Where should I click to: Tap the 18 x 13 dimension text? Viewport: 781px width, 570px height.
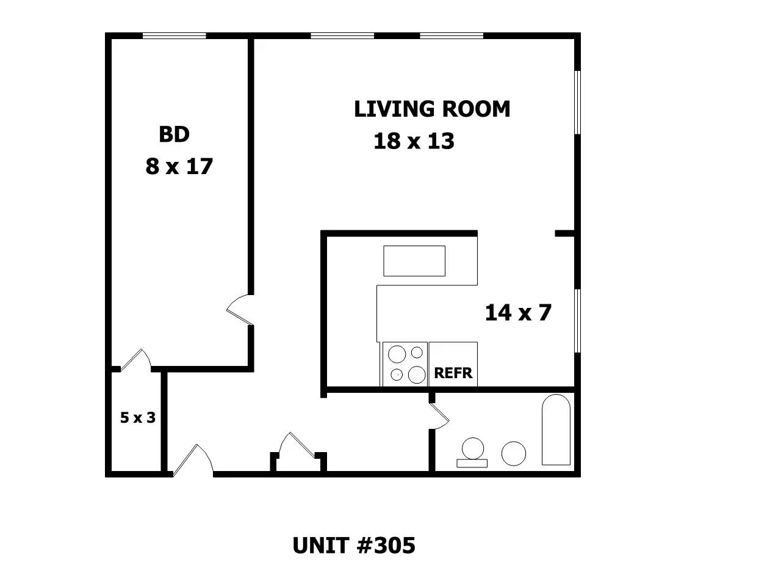[x=414, y=141]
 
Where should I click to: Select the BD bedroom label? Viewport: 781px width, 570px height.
[x=174, y=134]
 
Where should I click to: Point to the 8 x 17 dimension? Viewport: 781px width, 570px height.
[x=179, y=166]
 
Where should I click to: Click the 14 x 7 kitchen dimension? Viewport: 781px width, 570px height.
[x=518, y=312]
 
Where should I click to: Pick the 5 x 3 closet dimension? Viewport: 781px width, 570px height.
[x=138, y=417]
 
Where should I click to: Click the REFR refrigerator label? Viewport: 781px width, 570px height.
[x=453, y=373]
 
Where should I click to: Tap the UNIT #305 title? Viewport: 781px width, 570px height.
[x=354, y=545]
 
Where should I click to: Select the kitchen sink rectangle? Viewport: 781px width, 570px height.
[x=414, y=261]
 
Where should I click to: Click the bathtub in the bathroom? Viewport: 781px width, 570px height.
[x=556, y=429]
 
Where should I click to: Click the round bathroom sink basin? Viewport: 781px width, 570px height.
[x=514, y=453]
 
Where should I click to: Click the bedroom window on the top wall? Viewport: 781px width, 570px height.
[x=175, y=35]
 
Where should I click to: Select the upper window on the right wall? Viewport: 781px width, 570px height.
[x=577, y=102]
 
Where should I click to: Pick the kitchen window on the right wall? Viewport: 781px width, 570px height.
[x=577, y=321]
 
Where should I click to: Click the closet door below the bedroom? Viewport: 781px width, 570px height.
[x=135, y=359]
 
